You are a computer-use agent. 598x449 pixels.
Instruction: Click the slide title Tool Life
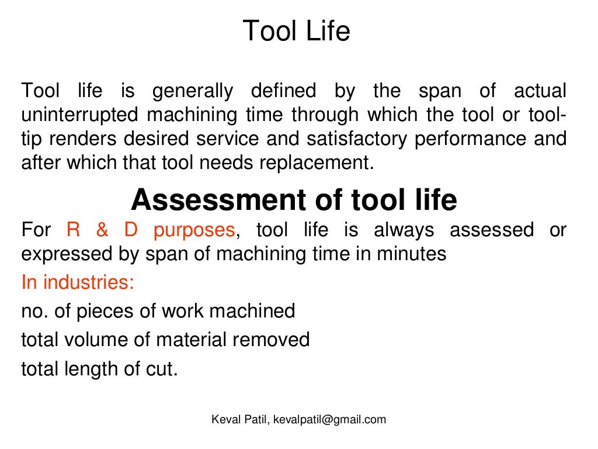pos(296,30)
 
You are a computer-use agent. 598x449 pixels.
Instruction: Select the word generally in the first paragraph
pos(192,91)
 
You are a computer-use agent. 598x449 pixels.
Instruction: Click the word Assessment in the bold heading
pos(213,201)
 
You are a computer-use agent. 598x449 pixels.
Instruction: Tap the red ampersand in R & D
pos(102,230)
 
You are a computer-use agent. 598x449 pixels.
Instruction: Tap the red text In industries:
pos(78,283)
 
